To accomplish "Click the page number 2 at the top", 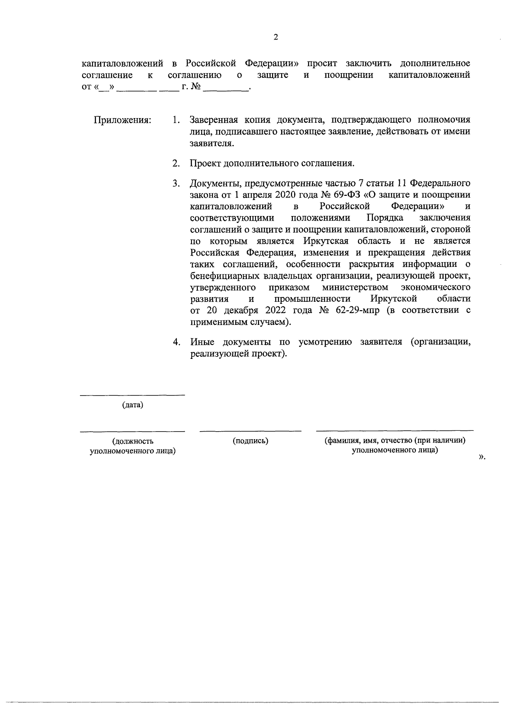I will coord(276,37).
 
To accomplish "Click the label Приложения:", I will coord(122,120).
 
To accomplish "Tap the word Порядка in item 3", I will coord(385,218).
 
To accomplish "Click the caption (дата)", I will coord(133,405).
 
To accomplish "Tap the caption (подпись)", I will coord(250,441).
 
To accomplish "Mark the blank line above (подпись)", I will coord(250,431).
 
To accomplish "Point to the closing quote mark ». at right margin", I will coord(482,457).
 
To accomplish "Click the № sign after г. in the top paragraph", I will coord(195,87).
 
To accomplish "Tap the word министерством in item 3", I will coord(355,287).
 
